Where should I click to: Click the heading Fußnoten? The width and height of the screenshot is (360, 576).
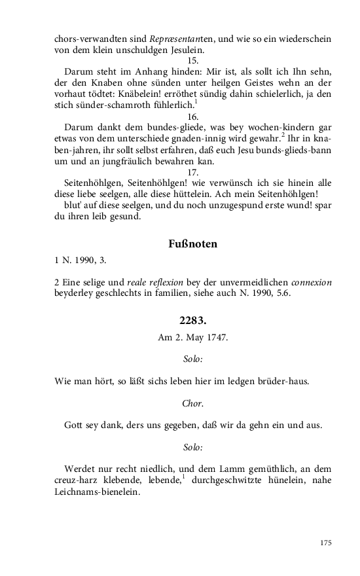(x=193, y=244)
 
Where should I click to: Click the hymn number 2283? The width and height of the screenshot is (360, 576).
(x=192, y=321)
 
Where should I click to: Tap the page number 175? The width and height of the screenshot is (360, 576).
(x=326, y=543)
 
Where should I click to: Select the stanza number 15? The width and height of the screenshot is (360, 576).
(x=193, y=60)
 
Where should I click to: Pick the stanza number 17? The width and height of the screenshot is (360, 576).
(x=193, y=171)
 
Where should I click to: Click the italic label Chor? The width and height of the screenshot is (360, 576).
(x=192, y=403)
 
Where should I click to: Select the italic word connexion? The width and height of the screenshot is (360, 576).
(x=311, y=282)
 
